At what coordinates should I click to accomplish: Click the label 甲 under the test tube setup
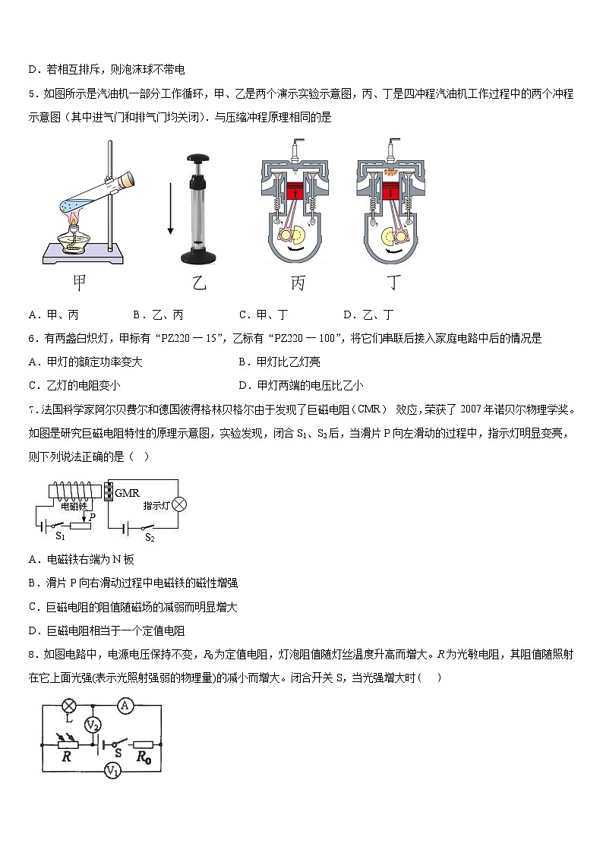coord(78,283)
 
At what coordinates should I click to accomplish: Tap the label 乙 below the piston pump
coord(198,284)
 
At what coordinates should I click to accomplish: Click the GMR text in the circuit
coord(127,493)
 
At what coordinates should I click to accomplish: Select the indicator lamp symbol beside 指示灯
coord(179,504)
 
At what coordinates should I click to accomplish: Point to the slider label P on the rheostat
coord(92,517)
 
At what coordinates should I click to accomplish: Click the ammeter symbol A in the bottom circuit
coord(127,706)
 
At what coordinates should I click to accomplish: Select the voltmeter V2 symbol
coord(93,725)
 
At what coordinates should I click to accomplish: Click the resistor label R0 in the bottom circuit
coord(141,757)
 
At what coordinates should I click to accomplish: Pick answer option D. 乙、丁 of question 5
coord(368,314)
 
